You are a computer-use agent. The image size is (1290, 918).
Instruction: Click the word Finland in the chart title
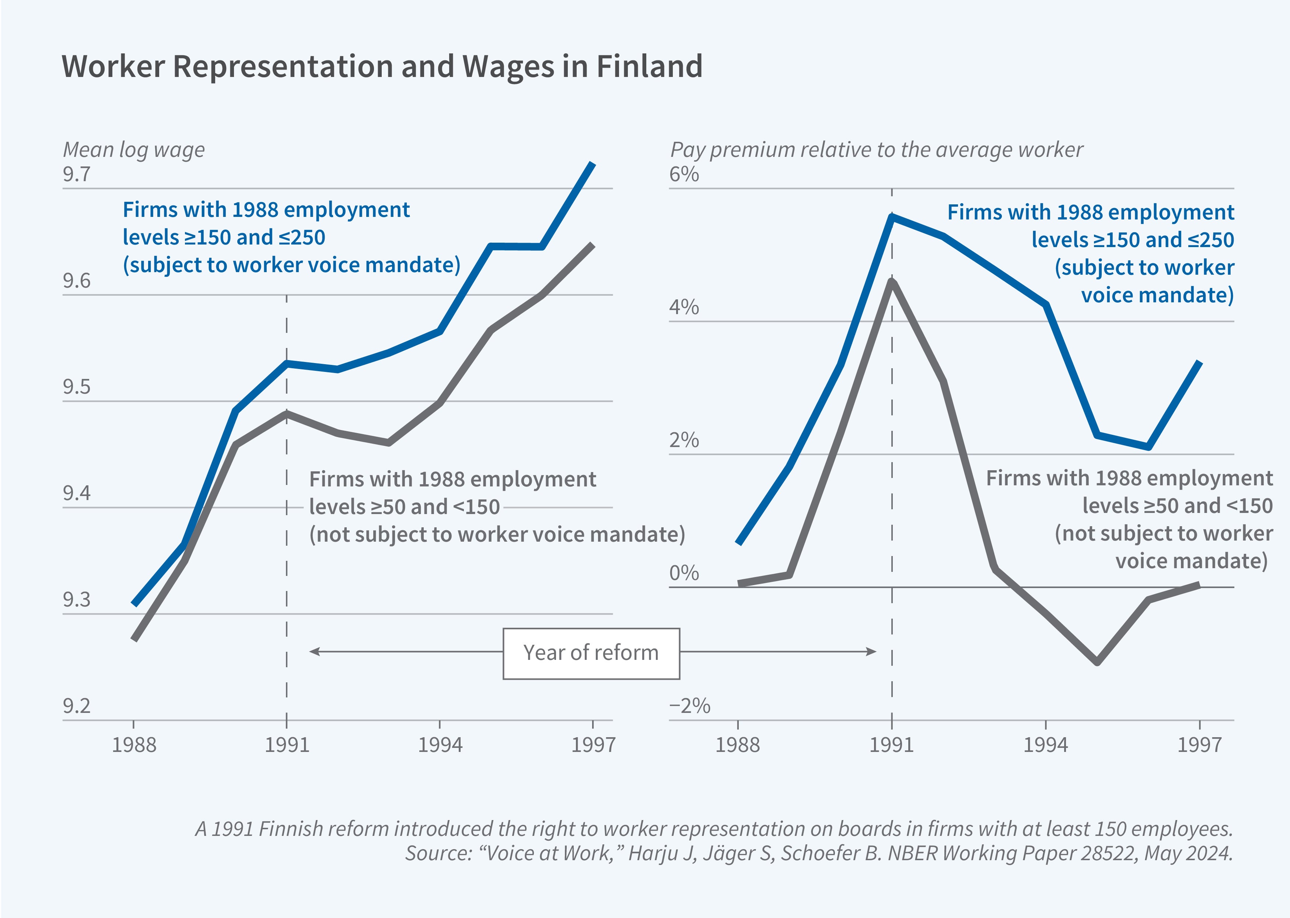coord(649,66)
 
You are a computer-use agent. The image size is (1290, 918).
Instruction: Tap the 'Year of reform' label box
coord(591,653)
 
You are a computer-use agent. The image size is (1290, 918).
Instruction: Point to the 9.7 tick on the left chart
coord(76,174)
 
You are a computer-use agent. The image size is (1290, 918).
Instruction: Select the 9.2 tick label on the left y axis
coord(76,706)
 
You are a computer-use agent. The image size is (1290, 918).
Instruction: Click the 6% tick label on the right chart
coord(684,174)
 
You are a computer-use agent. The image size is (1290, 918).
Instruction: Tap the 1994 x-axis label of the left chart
coord(440,745)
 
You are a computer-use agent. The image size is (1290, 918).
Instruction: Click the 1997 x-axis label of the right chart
coord(1199,745)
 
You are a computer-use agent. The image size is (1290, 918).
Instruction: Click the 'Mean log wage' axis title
coord(133,150)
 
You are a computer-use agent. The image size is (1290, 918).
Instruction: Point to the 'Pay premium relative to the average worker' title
coord(876,150)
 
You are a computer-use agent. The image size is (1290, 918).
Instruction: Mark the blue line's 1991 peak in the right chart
coord(892,217)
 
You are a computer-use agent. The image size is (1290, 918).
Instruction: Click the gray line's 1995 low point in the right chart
coord(1097,662)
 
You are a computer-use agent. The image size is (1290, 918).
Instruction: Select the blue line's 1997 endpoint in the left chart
coord(592,164)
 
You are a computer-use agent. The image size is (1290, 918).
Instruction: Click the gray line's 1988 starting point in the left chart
coord(134,639)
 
